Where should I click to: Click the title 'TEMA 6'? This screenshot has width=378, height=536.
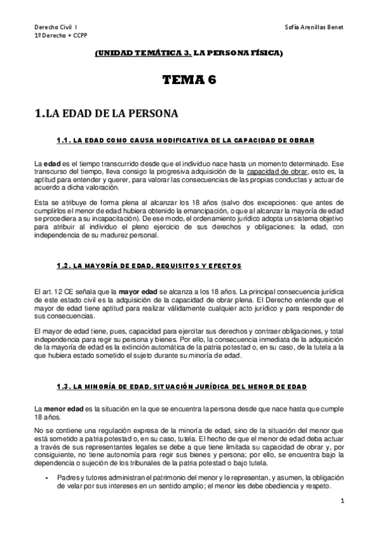189,80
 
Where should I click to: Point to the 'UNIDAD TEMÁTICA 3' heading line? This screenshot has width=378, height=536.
189,55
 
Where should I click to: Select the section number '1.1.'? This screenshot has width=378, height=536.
64,139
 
